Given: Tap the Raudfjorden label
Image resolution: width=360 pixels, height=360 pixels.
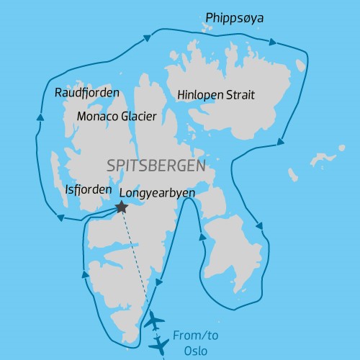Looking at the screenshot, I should pos(87,93).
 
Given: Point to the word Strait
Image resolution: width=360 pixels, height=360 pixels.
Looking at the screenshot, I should pos(243,95).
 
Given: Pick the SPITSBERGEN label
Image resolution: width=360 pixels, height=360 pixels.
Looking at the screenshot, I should pos(156,165).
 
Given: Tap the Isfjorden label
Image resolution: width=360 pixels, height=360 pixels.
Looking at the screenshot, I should pos(88,190).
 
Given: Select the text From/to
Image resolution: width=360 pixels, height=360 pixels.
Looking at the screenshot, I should pos(194,335).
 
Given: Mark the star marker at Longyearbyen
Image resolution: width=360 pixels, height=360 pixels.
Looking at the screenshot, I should pos(121,207).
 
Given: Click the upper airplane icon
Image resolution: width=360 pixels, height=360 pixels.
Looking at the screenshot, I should pos(154,321).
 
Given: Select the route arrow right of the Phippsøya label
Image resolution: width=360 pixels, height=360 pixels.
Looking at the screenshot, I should pos(275,41).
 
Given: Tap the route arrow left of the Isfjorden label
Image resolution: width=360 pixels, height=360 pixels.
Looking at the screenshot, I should pos(59,217).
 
